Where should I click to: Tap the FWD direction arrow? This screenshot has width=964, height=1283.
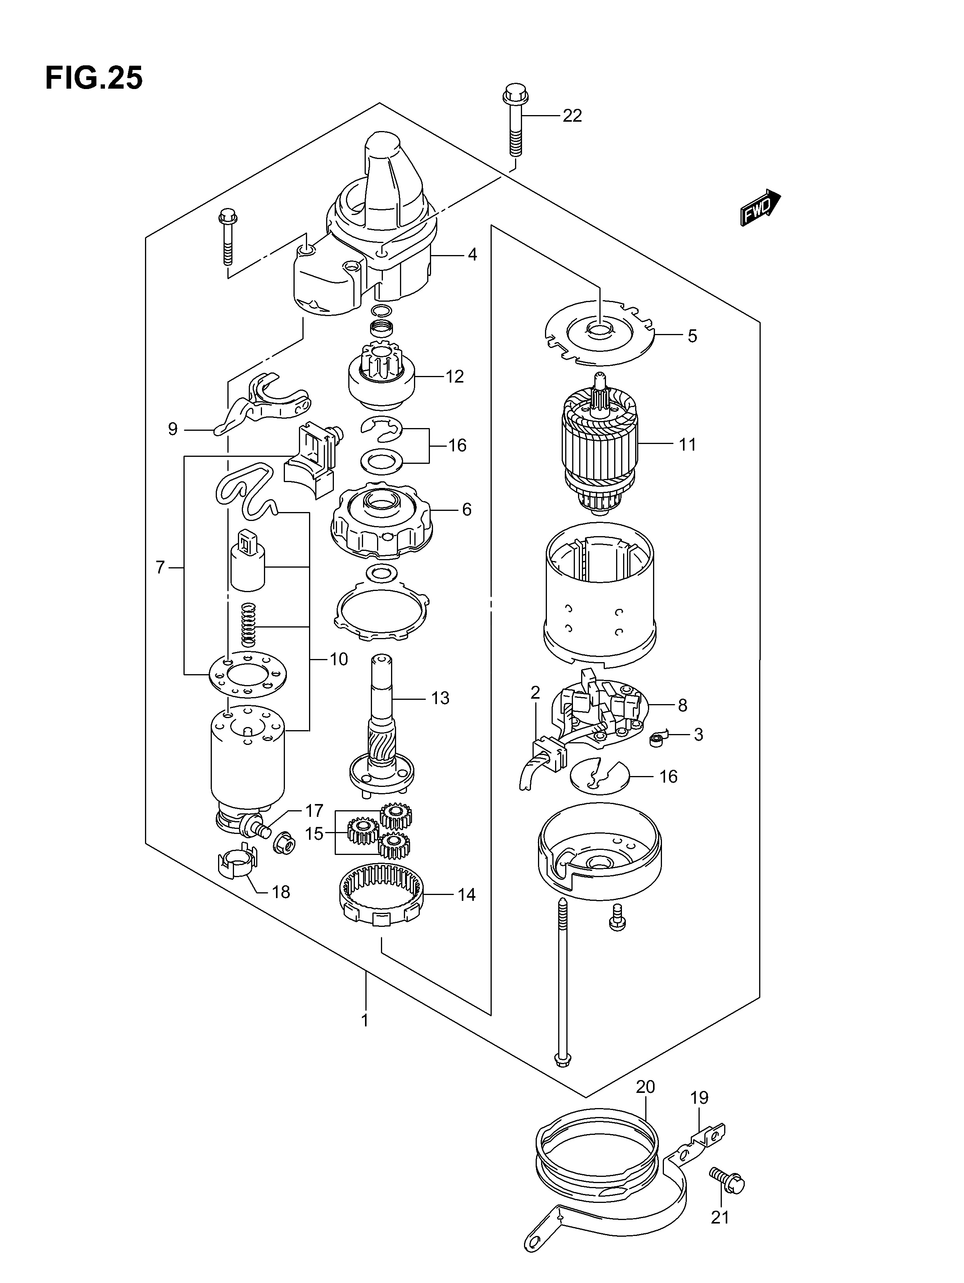[x=760, y=207]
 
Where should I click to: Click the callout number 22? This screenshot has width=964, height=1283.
[x=572, y=116]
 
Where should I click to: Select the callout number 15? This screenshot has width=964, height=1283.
[x=314, y=834]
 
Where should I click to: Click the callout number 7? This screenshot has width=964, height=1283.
[x=161, y=567]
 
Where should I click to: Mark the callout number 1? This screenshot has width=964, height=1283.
[x=365, y=1020]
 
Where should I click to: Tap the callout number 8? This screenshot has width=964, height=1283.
[x=682, y=705]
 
